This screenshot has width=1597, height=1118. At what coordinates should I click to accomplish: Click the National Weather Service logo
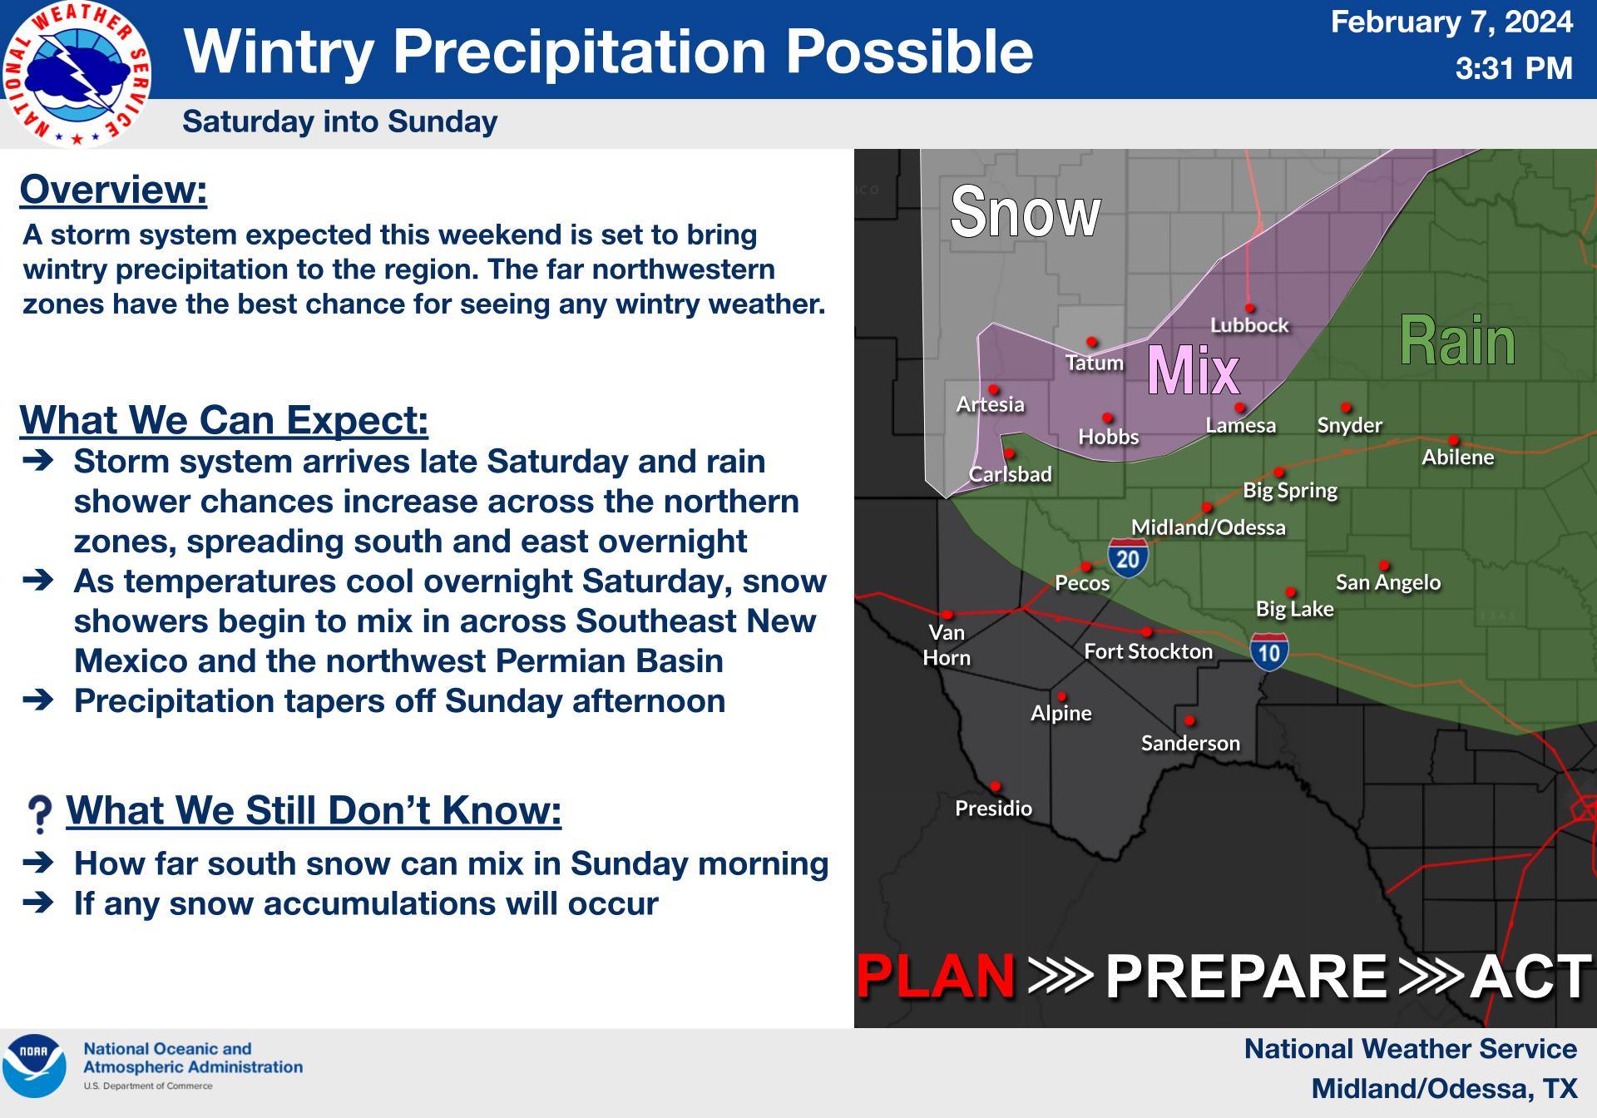click(77, 73)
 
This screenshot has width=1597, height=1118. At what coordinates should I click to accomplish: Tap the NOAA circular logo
click(34, 1066)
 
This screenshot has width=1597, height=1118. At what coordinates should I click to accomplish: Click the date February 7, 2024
click(1451, 22)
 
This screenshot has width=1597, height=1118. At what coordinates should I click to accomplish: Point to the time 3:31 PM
click(1513, 68)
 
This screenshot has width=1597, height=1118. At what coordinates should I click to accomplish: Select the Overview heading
click(113, 190)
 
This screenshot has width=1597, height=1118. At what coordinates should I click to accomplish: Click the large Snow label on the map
click(1025, 212)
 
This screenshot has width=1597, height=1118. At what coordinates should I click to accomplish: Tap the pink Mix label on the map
click(1193, 370)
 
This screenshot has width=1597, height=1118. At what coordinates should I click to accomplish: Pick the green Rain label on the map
click(1457, 341)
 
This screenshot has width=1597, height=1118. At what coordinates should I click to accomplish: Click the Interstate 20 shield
click(1128, 557)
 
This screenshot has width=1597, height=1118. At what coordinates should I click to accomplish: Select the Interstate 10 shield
click(1269, 652)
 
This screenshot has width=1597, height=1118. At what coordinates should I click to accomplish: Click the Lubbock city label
click(1248, 325)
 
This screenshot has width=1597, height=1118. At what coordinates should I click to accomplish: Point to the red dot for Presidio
click(995, 786)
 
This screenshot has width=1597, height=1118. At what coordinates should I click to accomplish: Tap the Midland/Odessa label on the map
click(1208, 527)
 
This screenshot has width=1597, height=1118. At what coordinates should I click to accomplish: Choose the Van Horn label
click(947, 645)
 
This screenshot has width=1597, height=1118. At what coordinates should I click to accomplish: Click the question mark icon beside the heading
click(39, 814)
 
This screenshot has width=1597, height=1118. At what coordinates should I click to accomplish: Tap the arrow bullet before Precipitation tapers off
click(38, 700)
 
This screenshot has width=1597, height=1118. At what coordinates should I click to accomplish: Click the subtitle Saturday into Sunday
click(339, 121)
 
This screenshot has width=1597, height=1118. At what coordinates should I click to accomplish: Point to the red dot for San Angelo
click(1384, 566)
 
